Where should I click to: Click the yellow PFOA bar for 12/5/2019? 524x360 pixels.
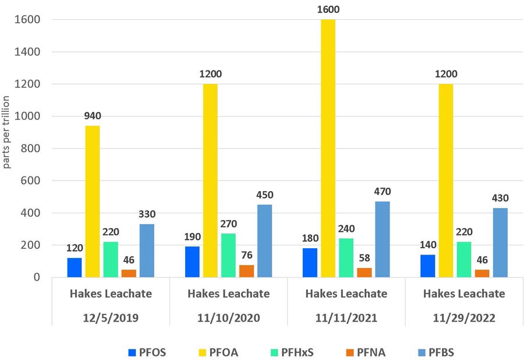[92, 201]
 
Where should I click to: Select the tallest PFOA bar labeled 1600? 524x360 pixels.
[328, 149]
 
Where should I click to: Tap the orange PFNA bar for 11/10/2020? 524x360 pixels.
[246, 271]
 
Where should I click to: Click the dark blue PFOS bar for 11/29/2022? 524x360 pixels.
[427, 266]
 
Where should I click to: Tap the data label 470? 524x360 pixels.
[382, 190]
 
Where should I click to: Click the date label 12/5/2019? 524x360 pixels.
[109, 318]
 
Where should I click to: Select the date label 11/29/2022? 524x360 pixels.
[463, 318]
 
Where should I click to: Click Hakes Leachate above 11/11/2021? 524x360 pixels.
[346, 294]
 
